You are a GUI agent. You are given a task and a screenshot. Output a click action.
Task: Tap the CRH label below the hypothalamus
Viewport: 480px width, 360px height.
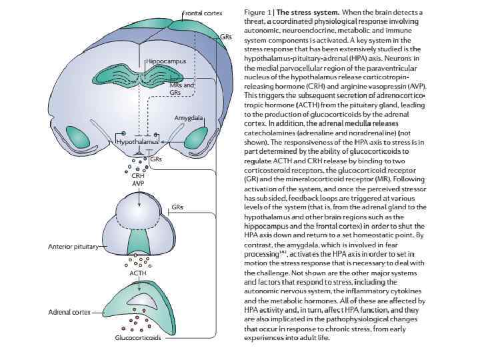click(138, 176)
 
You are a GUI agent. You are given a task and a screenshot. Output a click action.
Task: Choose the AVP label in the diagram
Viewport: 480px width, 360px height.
click(138, 183)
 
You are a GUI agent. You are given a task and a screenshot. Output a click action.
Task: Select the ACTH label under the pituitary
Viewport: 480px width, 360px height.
click(138, 273)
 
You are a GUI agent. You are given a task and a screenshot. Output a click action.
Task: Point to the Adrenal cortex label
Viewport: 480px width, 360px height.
click(70, 312)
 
